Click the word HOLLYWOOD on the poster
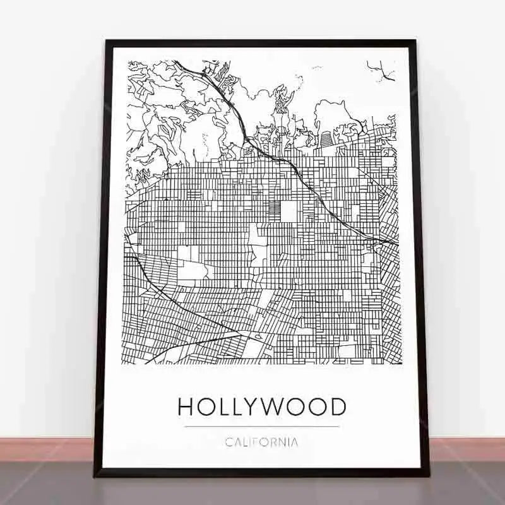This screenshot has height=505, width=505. pos(261,407)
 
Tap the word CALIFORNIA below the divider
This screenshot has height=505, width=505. pos(261,442)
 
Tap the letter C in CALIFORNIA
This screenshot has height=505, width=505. pos(229,442)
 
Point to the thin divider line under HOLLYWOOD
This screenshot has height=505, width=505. pos(261,427)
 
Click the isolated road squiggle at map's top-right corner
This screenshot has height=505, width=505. pos(381,71)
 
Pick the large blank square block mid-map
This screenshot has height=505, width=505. pos(288,210)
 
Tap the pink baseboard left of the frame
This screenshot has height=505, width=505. pos(44,449)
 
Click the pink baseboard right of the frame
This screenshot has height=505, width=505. pos(467,449)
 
